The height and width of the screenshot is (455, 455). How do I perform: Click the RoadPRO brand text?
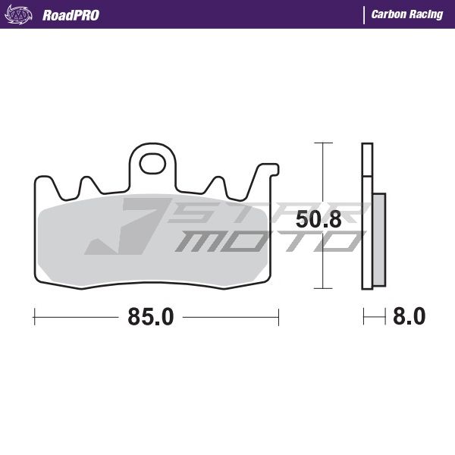coord(71,15)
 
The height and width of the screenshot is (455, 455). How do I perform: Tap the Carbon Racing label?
coord(407,14)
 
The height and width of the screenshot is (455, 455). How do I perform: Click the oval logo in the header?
coord(18,14)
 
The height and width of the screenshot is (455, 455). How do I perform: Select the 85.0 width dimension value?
coord(151,316)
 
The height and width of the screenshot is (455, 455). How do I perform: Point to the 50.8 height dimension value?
coord(318,219)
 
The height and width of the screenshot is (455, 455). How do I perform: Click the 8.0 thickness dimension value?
coord(409,316)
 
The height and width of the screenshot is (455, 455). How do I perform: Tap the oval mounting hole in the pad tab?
coord(152,164)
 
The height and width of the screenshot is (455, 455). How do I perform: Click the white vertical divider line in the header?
coord(364,15)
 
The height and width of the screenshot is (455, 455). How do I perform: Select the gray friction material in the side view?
coord(379,240)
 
